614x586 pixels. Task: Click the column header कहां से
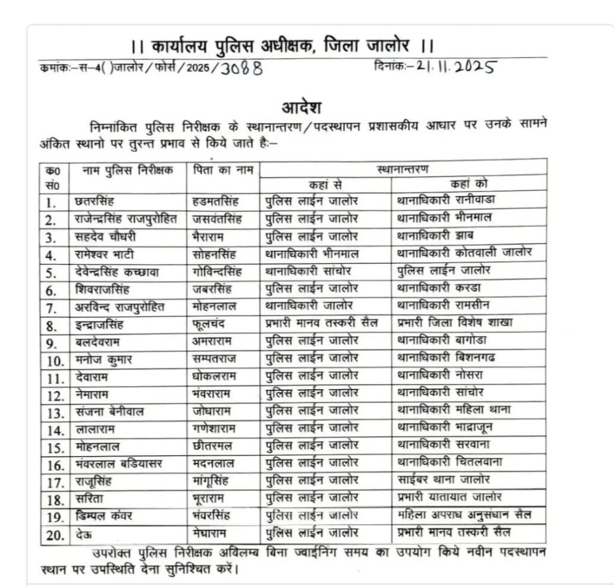(x=326, y=184)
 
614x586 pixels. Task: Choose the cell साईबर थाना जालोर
(x=443, y=479)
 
